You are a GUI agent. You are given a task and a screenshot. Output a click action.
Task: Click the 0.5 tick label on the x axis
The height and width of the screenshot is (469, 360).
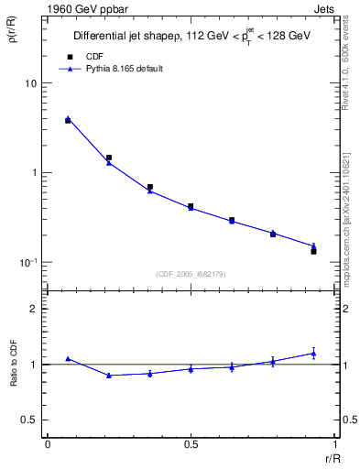[191, 444]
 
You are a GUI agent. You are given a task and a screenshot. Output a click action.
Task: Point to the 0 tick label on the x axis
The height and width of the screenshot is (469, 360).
[48, 444]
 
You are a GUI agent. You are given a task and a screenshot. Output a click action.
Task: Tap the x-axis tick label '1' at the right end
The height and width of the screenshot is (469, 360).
[334, 444]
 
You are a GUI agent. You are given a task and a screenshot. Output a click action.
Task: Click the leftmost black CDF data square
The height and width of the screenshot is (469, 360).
[68, 120]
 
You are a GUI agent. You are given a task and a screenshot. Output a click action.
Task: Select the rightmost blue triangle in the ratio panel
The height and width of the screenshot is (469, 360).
[313, 353]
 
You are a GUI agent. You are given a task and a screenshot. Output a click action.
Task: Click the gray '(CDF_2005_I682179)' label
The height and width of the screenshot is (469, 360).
[191, 273]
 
